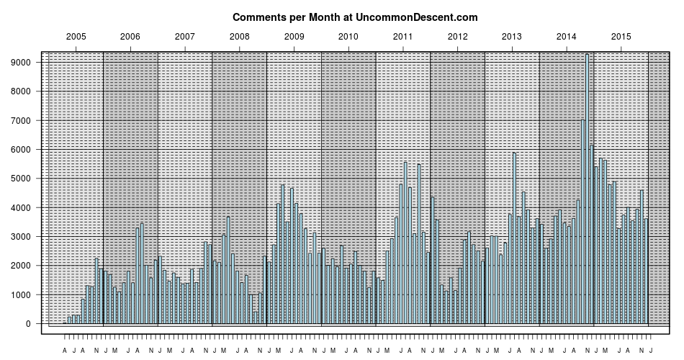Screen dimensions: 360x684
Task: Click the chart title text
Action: point(355,17)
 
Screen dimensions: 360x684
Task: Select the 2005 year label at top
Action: point(76,36)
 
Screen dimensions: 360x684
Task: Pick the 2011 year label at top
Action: point(402,36)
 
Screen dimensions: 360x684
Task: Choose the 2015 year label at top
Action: point(621,36)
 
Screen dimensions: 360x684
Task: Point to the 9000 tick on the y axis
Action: point(22,63)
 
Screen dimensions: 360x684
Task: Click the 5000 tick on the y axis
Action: point(22,179)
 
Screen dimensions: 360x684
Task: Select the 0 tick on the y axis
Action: point(29,324)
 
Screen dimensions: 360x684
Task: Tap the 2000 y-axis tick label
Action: point(22,266)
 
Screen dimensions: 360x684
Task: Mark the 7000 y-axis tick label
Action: point(22,120)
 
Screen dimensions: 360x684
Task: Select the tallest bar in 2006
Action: point(142,274)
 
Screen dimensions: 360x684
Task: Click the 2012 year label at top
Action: point(457,36)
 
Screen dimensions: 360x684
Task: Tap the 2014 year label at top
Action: point(567,36)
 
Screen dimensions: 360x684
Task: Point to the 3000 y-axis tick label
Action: point(22,237)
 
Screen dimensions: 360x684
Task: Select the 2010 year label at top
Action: point(348,36)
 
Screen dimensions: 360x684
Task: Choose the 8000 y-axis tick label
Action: point(22,91)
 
